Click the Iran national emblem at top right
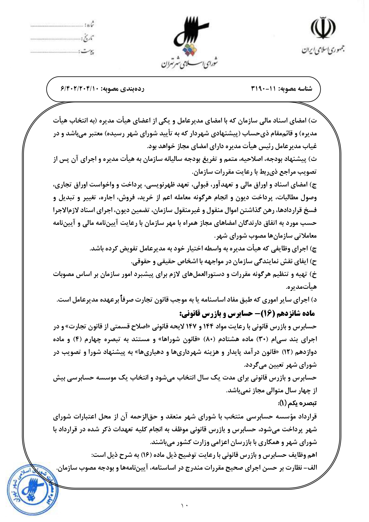[323, 29]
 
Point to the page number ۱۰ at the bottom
[184, 505]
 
